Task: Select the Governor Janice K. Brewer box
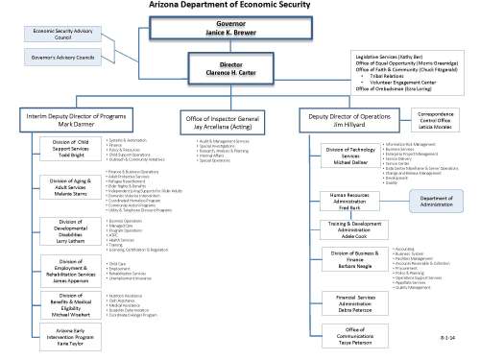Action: (x=239, y=27)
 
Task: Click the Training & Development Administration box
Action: (x=355, y=229)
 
